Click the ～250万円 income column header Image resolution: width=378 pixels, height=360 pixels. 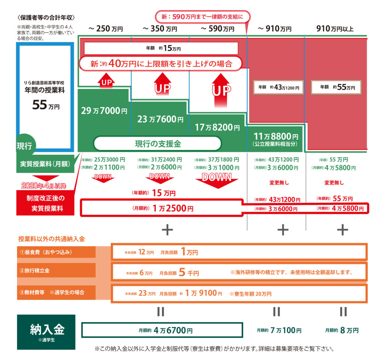(x=106, y=29)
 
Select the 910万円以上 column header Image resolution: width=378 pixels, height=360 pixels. (x=335, y=29)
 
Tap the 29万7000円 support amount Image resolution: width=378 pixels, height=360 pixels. (x=104, y=111)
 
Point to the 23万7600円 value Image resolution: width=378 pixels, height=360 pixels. (x=160, y=119)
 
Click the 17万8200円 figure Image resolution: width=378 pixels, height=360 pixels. (x=217, y=127)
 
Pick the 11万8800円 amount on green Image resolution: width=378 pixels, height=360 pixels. (x=276, y=136)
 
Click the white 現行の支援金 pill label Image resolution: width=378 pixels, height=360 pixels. (x=157, y=144)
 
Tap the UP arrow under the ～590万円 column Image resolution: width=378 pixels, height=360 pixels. (x=221, y=91)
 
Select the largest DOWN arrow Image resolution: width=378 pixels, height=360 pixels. (x=217, y=180)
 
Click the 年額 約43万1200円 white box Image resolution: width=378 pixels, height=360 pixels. (x=278, y=87)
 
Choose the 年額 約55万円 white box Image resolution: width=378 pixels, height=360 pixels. (x=336, y=87)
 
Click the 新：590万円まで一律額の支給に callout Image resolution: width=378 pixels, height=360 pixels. (x=203, y=17)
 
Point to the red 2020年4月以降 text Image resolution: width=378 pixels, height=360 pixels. (x=44, y=186)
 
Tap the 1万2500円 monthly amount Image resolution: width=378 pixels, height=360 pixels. (x=173, y=208)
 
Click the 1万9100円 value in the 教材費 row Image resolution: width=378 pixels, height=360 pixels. (x=204, y=293)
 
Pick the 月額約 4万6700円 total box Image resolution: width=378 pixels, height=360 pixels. (x=162, y=330)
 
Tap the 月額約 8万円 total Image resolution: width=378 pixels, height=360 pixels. (x=342, y=330)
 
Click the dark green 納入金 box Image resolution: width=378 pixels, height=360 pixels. (x=46, y=332)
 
